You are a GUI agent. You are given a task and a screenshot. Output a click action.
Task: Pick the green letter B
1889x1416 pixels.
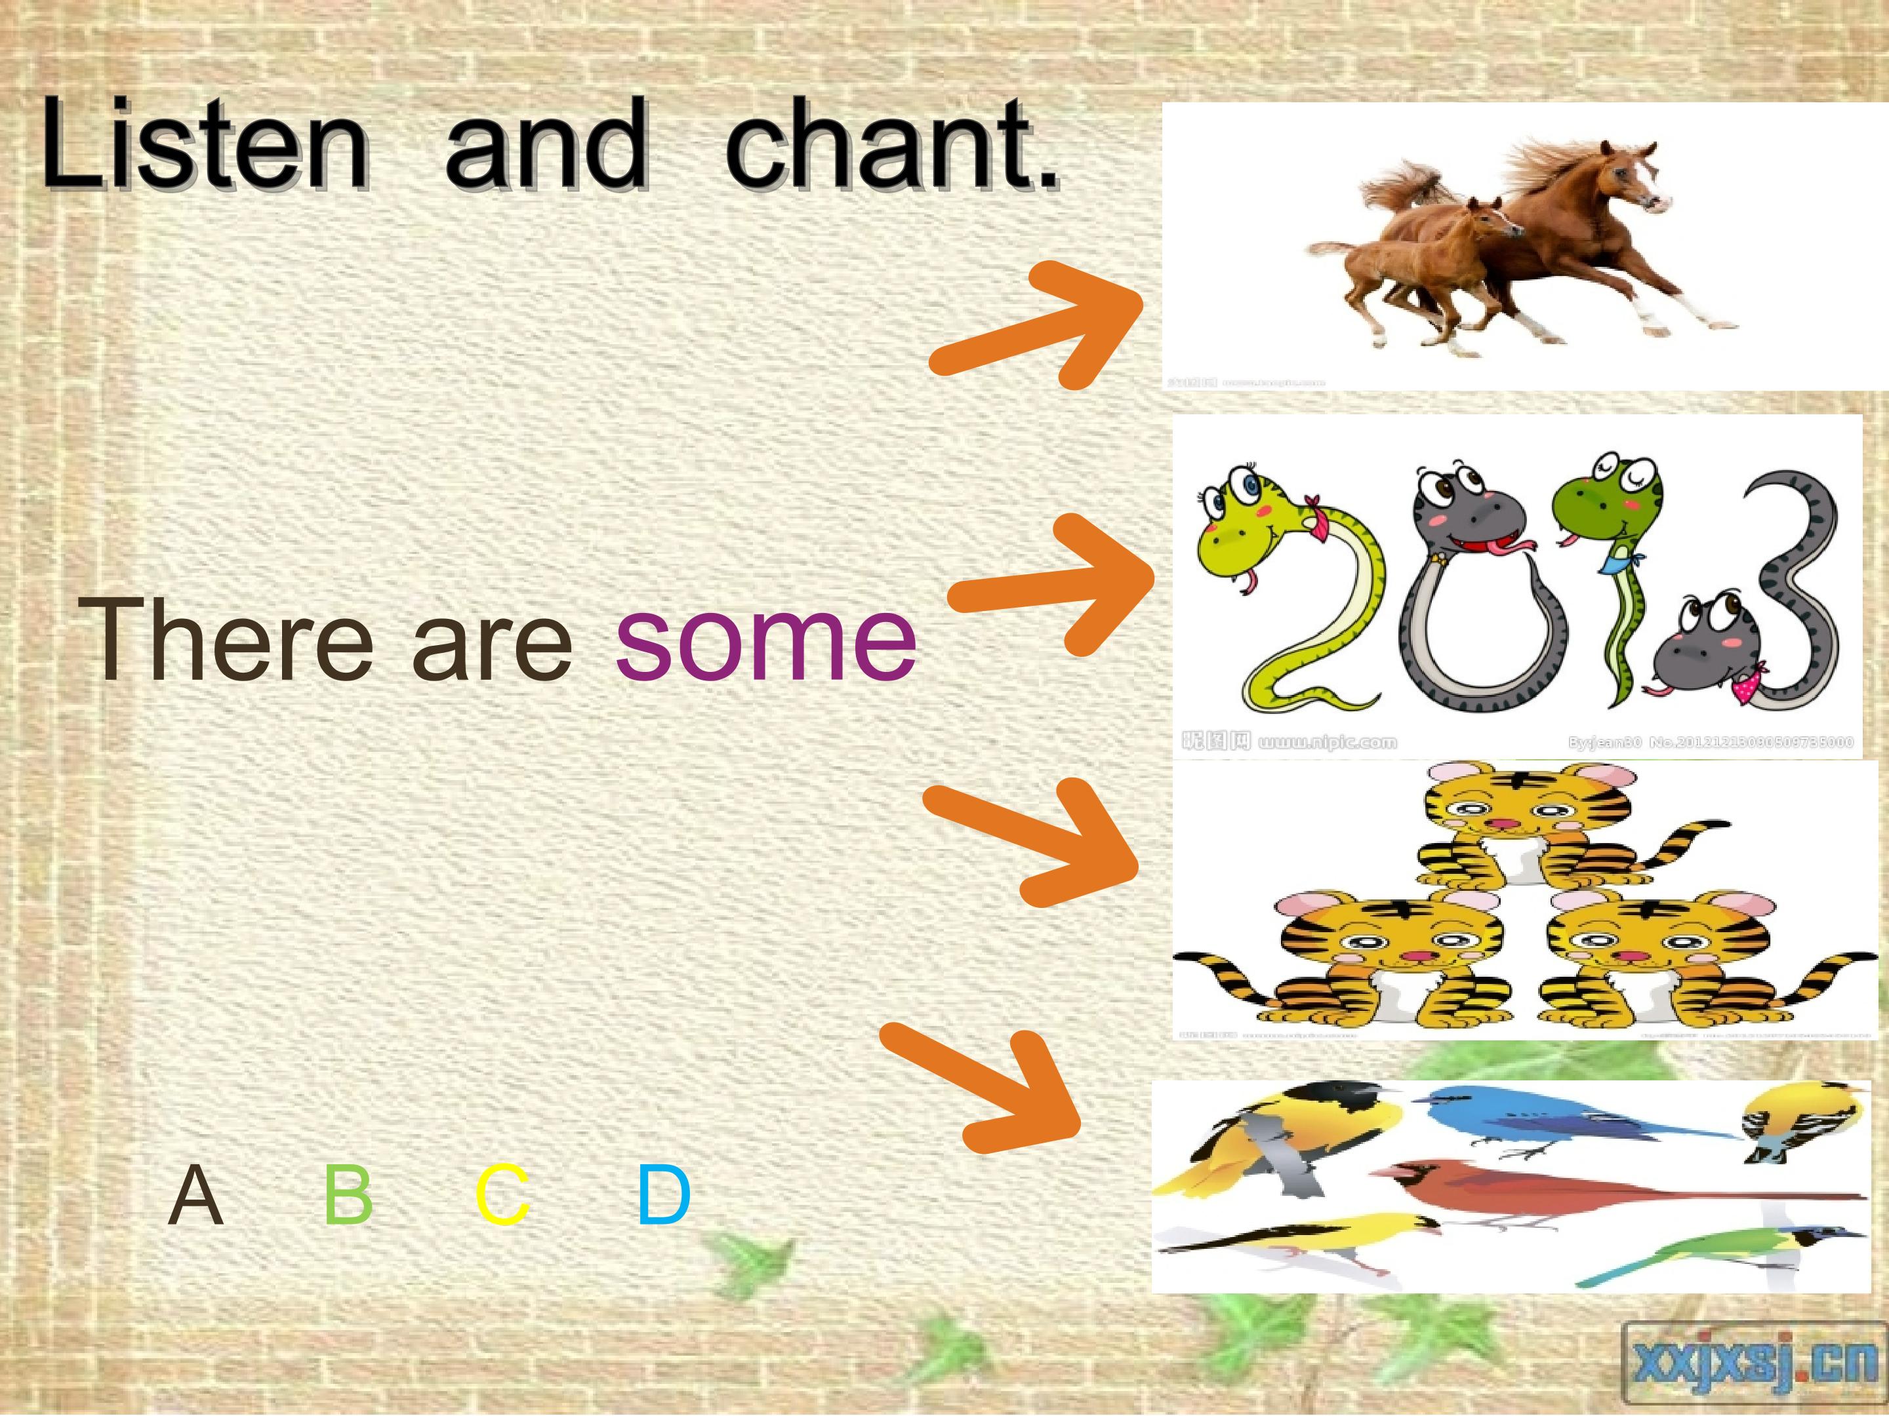click(x=348, y=1195)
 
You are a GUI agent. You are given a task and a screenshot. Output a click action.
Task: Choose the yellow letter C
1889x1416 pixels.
click(x=502, y=1195)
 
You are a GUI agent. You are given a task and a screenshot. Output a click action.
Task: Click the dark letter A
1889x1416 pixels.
click(x=196, y=1195)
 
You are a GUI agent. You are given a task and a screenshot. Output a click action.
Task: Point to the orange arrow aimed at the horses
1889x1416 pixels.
click(x=1038, y=324)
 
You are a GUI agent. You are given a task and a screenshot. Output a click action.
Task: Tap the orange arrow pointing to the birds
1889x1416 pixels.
click(x=982, y=1088)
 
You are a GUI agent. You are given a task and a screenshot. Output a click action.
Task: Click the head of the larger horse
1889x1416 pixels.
click(x=1627, y=179)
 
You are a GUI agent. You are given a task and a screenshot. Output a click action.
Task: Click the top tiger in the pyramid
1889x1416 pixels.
click(x=1529, y=823)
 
